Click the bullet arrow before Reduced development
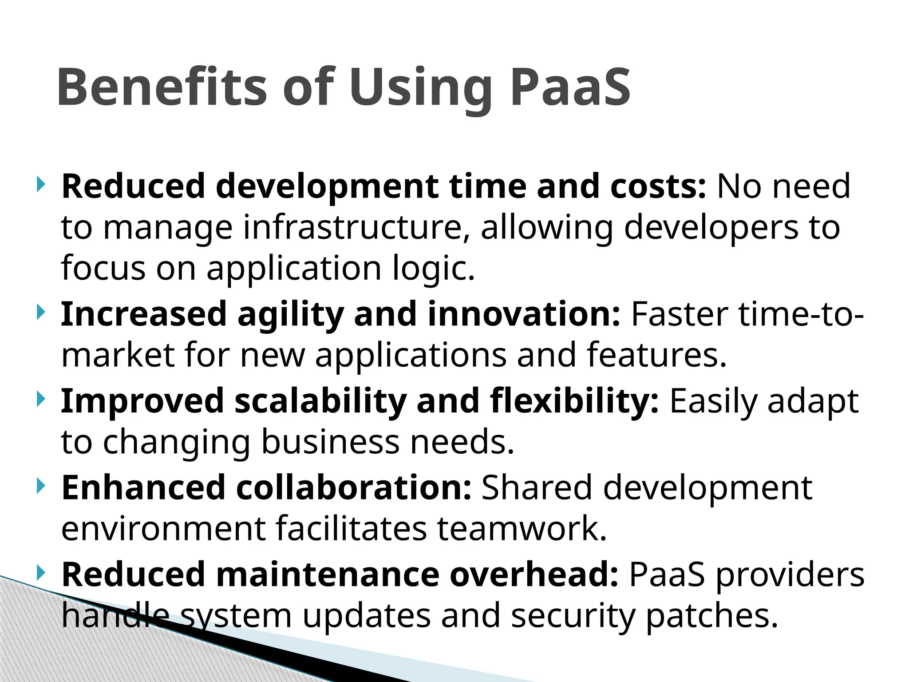coord(41,184)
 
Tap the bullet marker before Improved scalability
coord(41,399)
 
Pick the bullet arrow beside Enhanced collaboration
coord(41,486)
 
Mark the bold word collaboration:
coord(353,488)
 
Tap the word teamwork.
coord(522,528)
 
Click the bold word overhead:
coord(534,575)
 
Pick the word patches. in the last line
coord(711,616)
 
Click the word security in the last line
coord(572,616)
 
